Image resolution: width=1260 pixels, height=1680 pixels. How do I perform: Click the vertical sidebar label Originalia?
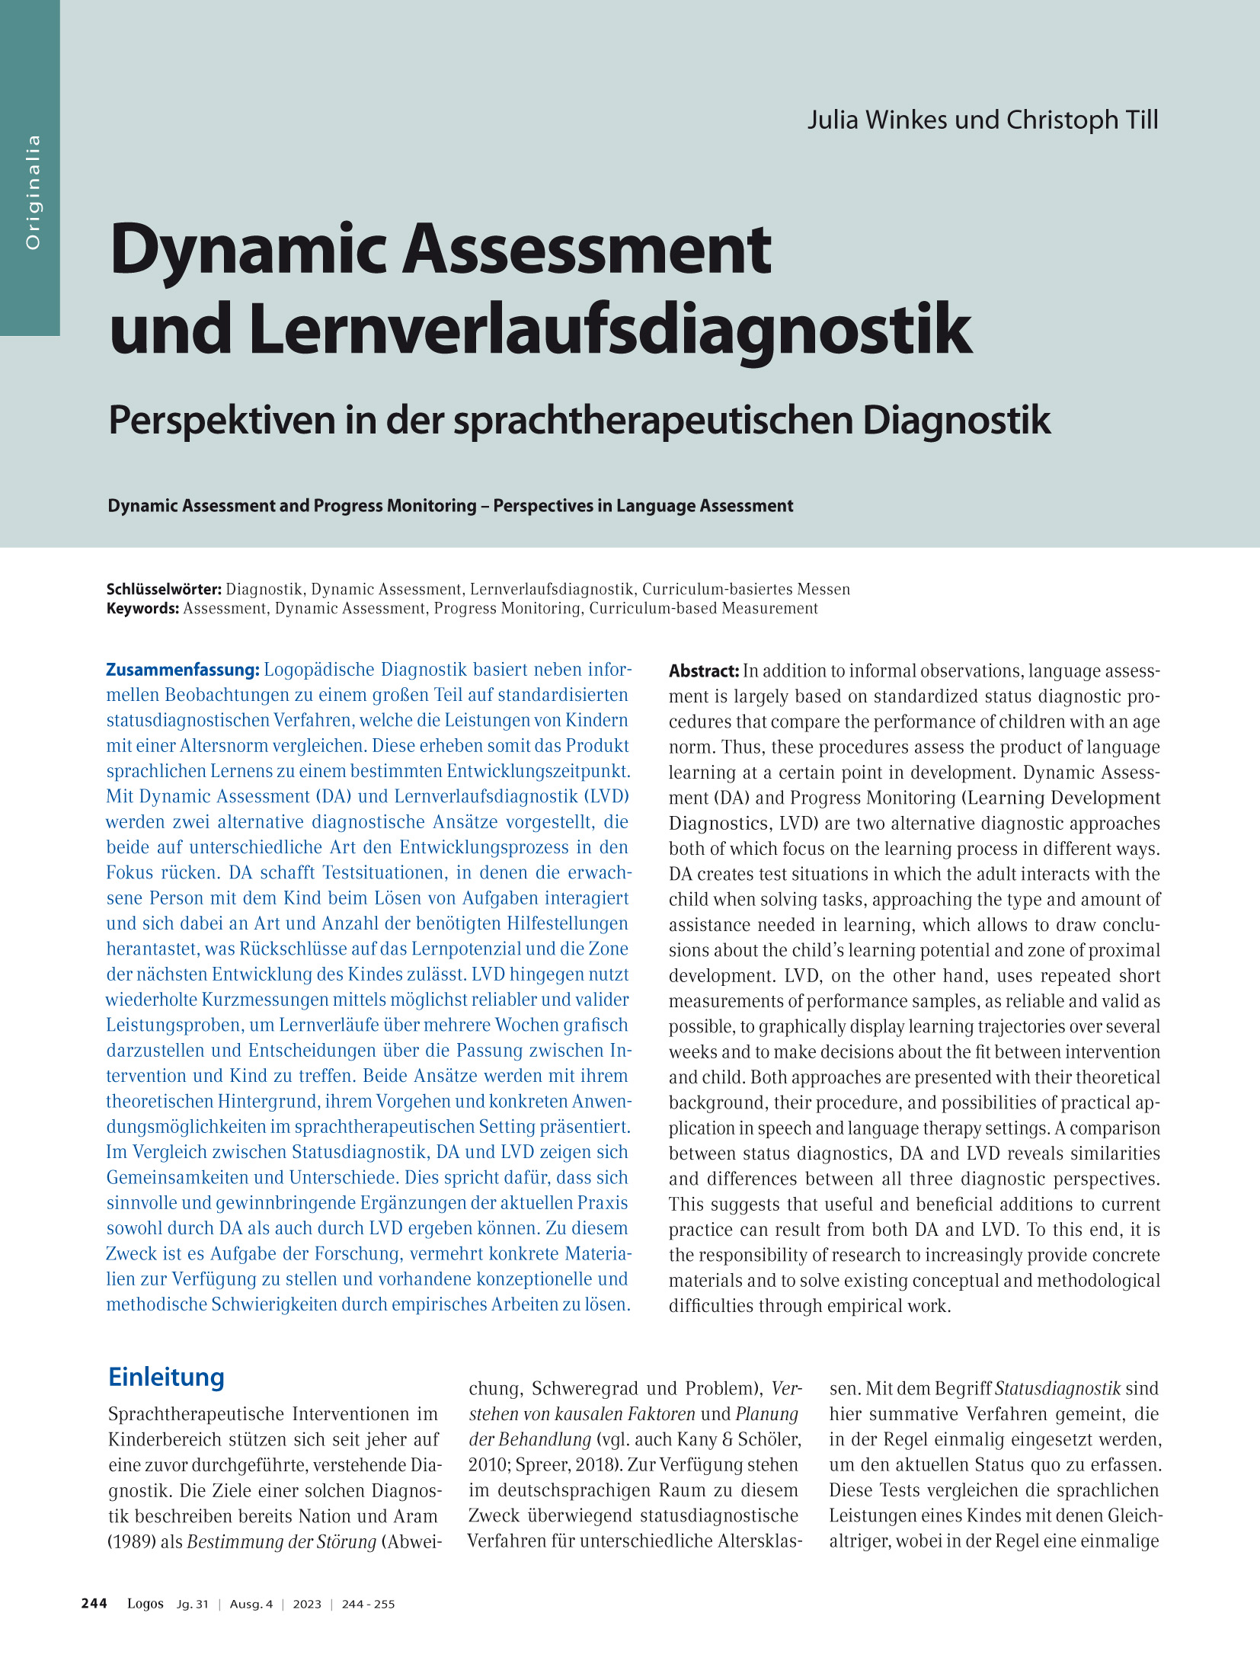32,192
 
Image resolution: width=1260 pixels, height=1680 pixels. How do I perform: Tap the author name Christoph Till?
1082,120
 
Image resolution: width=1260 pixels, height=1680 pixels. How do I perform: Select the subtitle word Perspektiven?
222,421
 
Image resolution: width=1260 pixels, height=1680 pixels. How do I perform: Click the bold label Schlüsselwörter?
164,589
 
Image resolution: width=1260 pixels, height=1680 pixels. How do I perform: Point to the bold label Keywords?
142,608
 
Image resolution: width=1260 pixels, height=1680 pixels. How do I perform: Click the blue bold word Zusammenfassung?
183,670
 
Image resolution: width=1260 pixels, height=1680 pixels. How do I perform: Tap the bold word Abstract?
704,671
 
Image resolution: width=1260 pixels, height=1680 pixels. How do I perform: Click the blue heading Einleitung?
166,1377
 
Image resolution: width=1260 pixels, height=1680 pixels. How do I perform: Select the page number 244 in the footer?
94,1603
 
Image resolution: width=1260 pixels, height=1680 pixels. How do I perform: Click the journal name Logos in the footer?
145,1603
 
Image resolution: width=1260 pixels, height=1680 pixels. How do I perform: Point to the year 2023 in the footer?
307,1604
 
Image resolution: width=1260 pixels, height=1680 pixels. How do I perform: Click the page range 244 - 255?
368,1604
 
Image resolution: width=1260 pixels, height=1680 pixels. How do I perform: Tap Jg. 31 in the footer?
192,1604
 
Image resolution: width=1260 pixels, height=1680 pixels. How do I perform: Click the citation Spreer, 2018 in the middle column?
558,1465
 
